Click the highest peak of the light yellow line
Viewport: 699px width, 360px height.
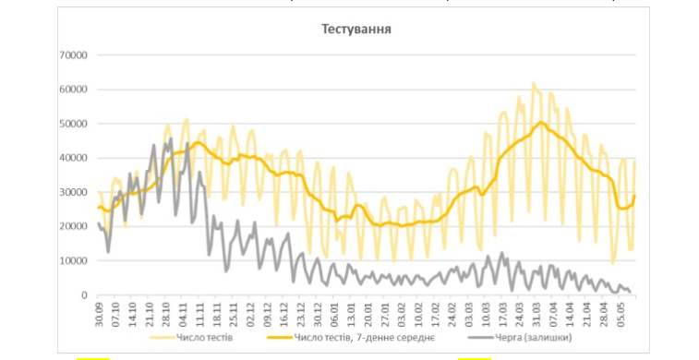(534, 83)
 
